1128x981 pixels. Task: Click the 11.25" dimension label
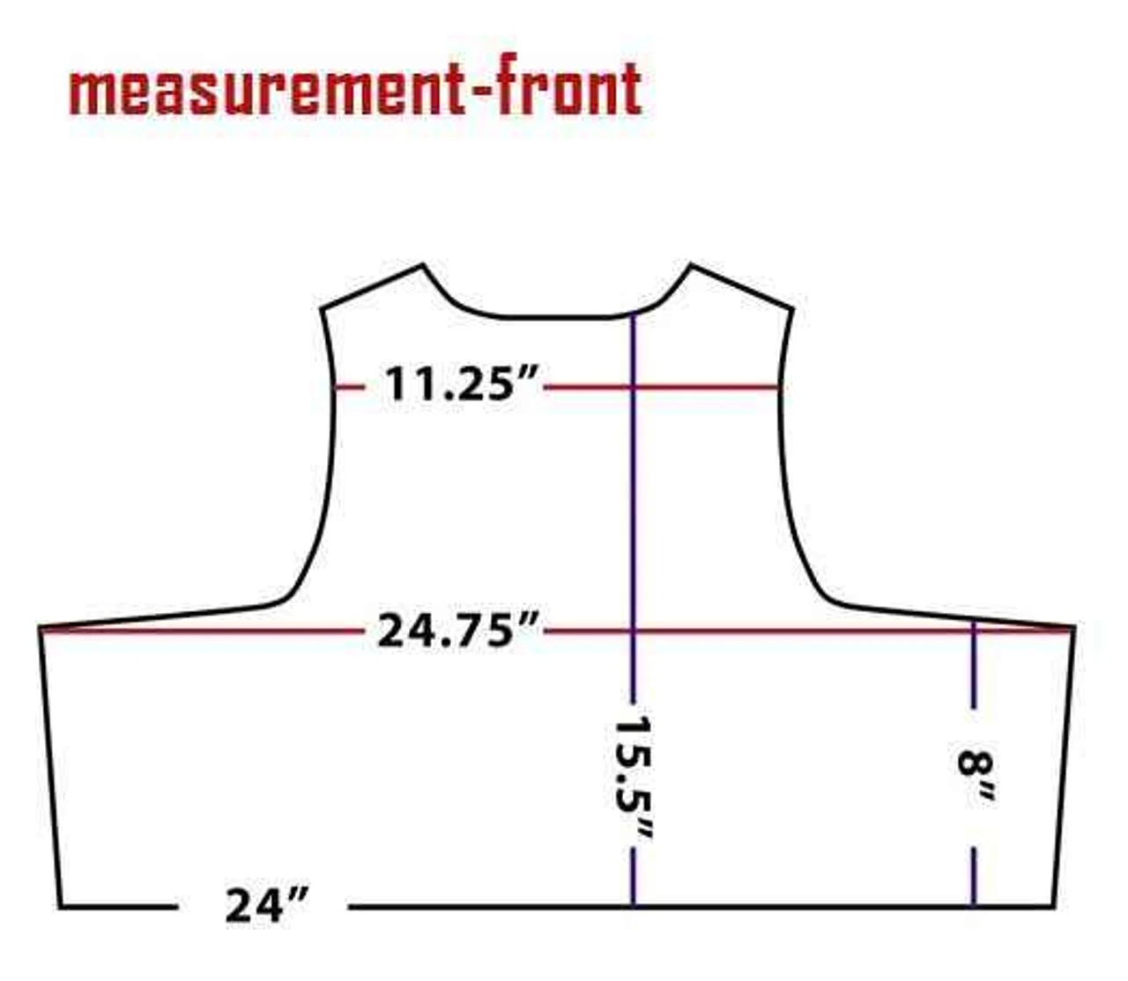[460, 383]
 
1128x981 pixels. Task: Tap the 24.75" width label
[457, 631]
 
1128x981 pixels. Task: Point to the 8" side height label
[976, 778]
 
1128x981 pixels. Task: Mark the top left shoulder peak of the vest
[422, 265]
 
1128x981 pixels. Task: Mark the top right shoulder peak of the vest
[690, 265]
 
